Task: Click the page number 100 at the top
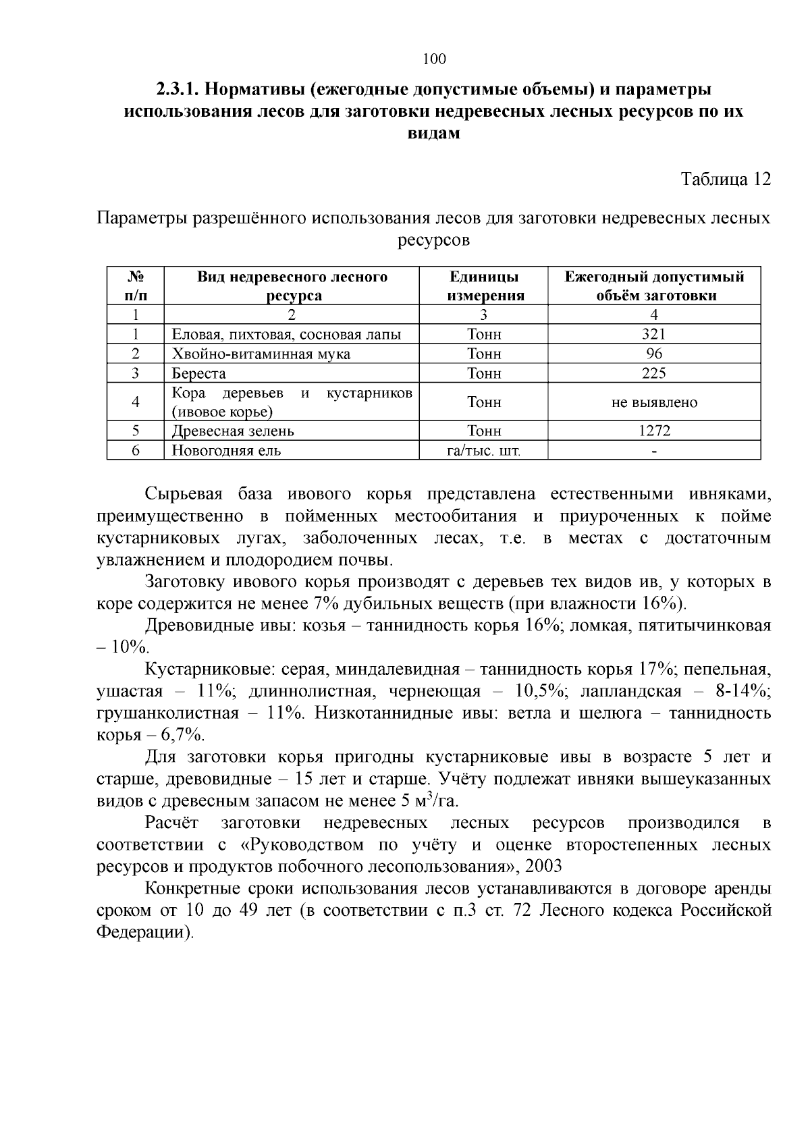[x=434, y=59]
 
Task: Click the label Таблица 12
[x=725, y=179]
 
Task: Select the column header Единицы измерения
[x=484, y=286]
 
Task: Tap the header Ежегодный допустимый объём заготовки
[x=654, y=286]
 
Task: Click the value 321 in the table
[x=653, y=334]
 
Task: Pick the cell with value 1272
[x=653, y=431]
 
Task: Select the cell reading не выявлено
[x=653, y=402]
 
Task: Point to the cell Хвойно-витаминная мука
[x=261, y=354]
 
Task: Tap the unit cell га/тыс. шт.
[x=484, y=450]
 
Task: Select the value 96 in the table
[x=653, y=354]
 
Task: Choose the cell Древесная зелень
[x=233, y=431]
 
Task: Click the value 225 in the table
[x=653, y=373]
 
